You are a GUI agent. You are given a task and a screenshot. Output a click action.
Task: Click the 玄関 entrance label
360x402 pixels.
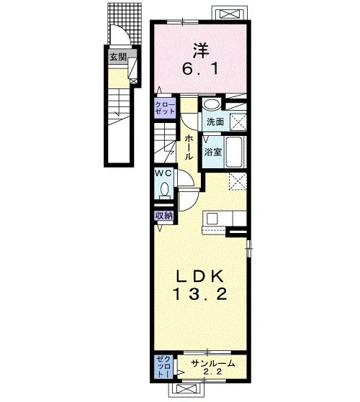pyautogui.click(x=118, y=57)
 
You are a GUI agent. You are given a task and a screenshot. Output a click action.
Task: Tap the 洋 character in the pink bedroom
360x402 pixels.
pyautogui.click(x=201, y=51)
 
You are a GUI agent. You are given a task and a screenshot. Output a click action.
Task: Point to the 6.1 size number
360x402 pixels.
pyautogui.click(x=200, y=69)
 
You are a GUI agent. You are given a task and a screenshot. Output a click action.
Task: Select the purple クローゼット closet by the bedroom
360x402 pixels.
pyautogui.click(x=165, y=108)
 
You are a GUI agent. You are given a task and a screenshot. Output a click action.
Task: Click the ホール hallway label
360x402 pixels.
pyautogui.click(x=189, y=147)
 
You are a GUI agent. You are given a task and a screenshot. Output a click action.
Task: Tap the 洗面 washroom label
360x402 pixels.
pyautogui.click(x=215, y=122)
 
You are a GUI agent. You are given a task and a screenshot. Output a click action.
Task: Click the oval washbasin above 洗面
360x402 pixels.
pyautogui.click(x=212, y=104)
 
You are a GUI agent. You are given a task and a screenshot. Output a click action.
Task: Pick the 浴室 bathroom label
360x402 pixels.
pyautogui.click(x=212, y=152)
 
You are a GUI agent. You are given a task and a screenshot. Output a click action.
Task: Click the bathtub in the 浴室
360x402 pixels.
pyautogui.click(x=235, y=152)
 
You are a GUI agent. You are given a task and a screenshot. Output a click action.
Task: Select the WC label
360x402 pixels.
pyautogui.click(x=163, y=173)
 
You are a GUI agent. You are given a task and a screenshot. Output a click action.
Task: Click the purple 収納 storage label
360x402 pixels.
pyautogui.click(x=163, y=216)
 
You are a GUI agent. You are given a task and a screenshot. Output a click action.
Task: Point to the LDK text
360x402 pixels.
pyautogui.click(x=200, y=276)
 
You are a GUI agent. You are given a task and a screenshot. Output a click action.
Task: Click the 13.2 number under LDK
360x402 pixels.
pyautogui.click(x=200, y=294)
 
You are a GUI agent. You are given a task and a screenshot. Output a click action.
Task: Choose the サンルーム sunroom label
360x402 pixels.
pyautogui.click(x=213, y=363)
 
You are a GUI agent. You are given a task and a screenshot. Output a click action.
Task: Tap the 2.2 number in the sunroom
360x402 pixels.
pyautogui.click(x=212, y=372)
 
